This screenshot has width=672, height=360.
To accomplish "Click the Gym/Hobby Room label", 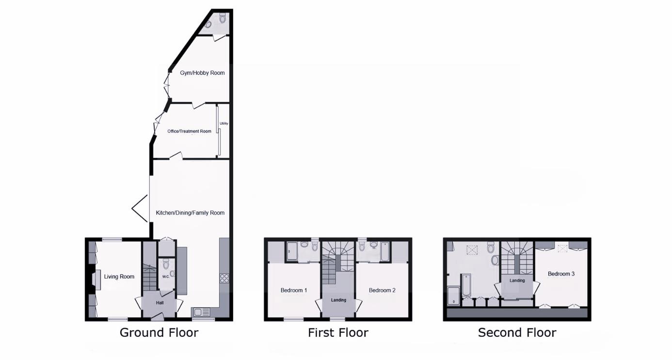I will pos(202,73).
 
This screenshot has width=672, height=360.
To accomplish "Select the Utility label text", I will pos(224,124).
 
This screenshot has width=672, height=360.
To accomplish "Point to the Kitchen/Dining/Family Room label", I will pos(190,213).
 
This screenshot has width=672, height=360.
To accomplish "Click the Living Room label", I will pos(119,277).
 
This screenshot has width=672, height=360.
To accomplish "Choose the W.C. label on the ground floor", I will pos(165,277).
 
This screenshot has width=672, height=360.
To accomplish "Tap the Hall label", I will pos(160,303).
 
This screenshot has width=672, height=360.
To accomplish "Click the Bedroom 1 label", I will pos(294,291).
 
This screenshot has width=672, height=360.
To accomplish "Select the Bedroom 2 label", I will pos(382,291).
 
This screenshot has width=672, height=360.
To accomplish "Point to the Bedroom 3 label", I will pos(561,274).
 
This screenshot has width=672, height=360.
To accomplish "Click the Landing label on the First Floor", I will pos(338,300).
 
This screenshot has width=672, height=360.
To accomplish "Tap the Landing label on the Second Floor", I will pos(517,280).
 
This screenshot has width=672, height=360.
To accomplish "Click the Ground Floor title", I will pos(159,333).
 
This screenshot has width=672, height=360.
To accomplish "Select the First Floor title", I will pos(338,333).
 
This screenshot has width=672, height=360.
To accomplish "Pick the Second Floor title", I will pos(517,333).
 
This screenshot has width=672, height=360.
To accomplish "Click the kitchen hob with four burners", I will pos(225,278).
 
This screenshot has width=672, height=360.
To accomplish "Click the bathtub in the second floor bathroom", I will pos(465,285).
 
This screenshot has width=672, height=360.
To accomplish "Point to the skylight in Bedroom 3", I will pos(562,249).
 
